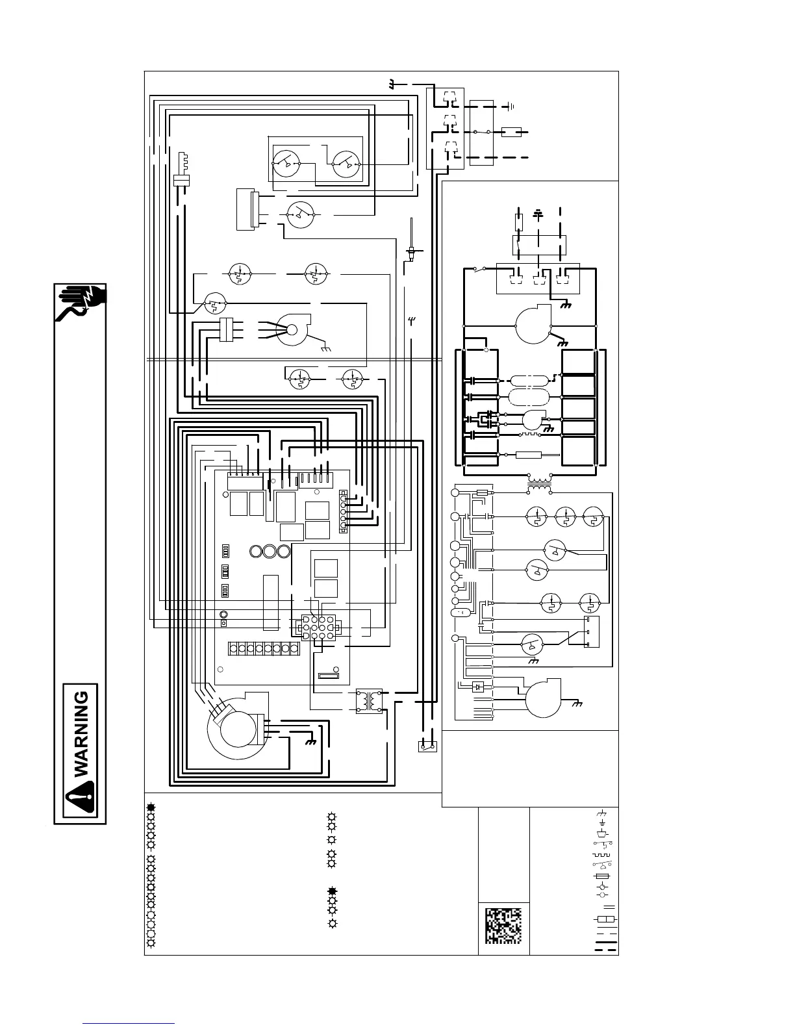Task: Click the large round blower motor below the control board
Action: point(236,731)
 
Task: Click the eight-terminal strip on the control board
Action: point(263,648)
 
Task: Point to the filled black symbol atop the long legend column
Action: point(151,807)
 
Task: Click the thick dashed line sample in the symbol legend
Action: point(606,950)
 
